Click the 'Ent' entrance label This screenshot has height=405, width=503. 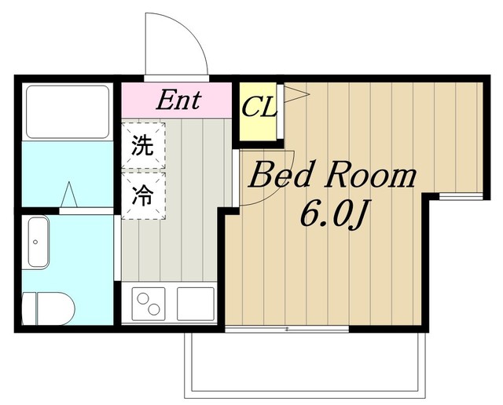tap(178, 100)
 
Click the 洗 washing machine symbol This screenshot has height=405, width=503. tap(142, 145)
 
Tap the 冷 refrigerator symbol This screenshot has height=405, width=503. tap(142, 193)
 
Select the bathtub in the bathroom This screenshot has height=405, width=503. tap(67, 111)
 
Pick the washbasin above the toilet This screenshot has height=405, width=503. tap(39, 243)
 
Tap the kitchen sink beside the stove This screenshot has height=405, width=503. tap(195, 301)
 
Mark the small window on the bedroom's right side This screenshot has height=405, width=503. tap(455, 195)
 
